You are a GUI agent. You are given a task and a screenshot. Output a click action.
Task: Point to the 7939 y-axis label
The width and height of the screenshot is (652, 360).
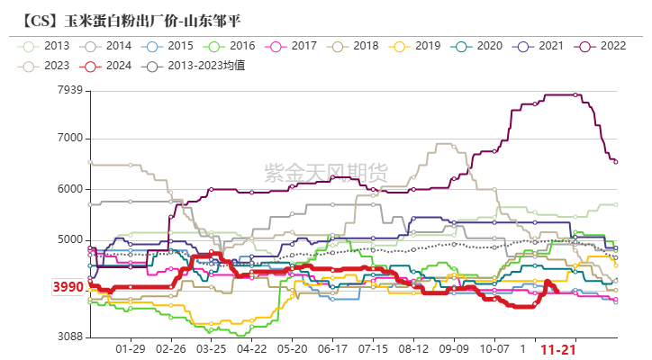70,89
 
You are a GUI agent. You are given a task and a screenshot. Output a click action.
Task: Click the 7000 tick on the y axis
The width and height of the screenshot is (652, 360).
70,138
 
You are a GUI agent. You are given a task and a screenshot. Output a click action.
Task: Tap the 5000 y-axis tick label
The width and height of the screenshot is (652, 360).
70,239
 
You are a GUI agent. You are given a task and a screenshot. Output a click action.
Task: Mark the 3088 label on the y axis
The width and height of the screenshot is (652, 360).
70,337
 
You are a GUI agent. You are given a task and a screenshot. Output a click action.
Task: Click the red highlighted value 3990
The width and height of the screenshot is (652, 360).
67,287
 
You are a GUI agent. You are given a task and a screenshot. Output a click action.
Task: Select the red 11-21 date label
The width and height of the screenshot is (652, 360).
558,348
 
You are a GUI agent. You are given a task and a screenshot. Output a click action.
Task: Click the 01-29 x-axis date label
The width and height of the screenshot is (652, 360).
131,348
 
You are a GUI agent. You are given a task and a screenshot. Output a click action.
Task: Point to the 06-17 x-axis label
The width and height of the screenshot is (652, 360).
333,348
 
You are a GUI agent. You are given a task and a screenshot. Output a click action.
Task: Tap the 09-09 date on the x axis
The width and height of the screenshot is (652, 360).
454,348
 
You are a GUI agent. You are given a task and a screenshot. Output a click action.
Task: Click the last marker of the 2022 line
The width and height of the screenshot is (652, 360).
616,162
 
